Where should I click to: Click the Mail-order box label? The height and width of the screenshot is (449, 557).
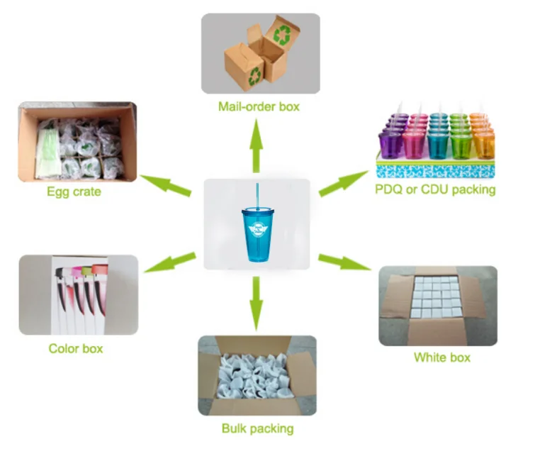pyautogui.click(x=259, y=106)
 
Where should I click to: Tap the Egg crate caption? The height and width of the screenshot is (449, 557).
pyautogui.click(x=74, y=192)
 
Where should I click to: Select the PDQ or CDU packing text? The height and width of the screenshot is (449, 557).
pyautogui.click(x=434, y=189)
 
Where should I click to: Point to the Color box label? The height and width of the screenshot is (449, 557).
pyautogui.click(x=76, y=348)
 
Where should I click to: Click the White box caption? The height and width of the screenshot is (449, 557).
pyautogui.click(x=441, y=357)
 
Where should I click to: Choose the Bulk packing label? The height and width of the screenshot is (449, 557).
pyautogui.click(x=257, y=428)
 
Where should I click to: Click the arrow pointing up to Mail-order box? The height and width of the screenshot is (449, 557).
pyautogui.click(x=257, y=145)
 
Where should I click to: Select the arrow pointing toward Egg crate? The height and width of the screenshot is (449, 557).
pyautogui.click(x=165, y=184)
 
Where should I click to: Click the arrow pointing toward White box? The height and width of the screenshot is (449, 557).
pyautogui.click(x=344, y=262)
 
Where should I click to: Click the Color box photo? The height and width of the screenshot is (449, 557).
pyautogui.click(x=78, y=294)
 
